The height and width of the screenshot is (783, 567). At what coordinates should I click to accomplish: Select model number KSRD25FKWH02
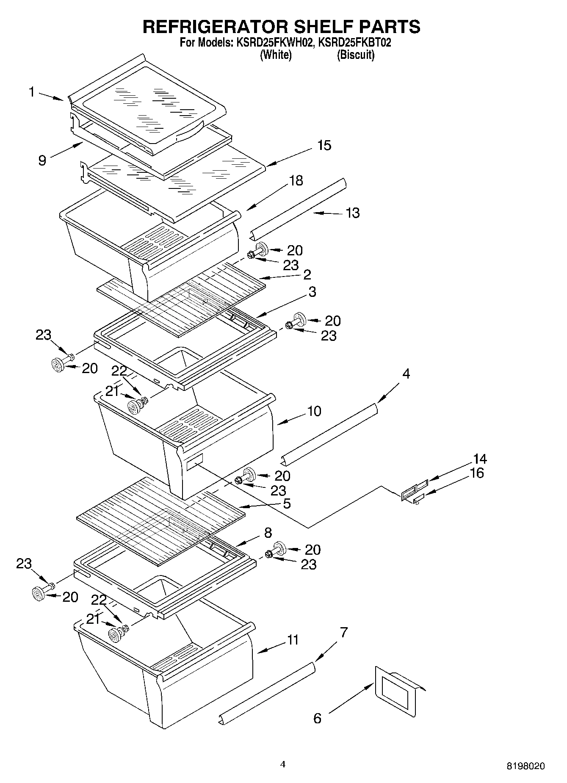coord(273,42)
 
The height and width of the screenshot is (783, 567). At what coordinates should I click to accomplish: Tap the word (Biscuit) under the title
coord(355,55)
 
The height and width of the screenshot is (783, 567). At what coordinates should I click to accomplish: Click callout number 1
coord(32,92)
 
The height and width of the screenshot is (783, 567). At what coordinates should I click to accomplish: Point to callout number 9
coord(42,160)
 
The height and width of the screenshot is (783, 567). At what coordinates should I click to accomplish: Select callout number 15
coord(324,145)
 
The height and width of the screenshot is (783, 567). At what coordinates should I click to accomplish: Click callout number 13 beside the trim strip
coord(353,213)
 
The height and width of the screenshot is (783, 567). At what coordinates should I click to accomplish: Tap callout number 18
coord(296,180)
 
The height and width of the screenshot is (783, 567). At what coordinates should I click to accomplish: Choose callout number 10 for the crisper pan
coord(314,411)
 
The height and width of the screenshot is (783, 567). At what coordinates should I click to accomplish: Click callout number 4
coord(406,374)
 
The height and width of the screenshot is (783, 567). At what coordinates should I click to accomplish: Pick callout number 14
coord(480,459)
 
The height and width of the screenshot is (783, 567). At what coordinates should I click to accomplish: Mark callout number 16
coord(477,473)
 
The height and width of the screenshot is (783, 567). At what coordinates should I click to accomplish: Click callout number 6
coord(317,718)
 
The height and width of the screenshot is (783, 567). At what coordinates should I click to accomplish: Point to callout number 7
coord(343,633)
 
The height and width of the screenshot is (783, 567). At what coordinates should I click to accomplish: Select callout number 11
coord(293,639)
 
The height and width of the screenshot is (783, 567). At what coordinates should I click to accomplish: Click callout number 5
coord(287,504)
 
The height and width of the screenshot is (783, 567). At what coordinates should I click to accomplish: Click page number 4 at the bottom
coord(283,764)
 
